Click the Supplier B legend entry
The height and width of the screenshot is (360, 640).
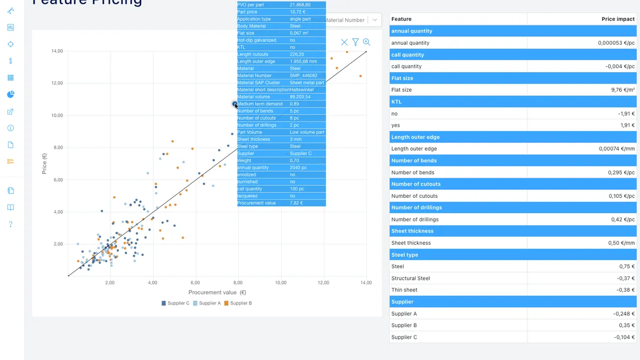pyautogui.click(x=238, y=303)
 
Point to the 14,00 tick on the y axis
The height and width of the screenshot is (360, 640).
pyautogui.click(x=57, y=51)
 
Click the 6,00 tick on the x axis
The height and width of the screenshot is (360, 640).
pyautogui.click(x=195, y=283)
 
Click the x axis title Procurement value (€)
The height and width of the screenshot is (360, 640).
pyautogui.click(x=217, y=292)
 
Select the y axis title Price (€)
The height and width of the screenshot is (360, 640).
pyautogui.click(x=45, y=164)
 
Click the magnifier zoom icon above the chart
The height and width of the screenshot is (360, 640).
pyautogui.click(x=366, y=42)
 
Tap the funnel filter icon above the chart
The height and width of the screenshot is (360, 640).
pyautogui.click(x=355, y=42)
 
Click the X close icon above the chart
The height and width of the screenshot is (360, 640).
pyautogui.click(x=344, y=42)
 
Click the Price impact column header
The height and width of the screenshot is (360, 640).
pyautogui.click(x=618, y=19)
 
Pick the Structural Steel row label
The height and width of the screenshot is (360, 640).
pyautogui.click(x=410, y=278)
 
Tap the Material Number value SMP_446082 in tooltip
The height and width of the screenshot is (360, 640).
pyautogui.click(x=303, y=76)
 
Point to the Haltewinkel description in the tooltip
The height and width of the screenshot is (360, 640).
pyautogui.click(x=303, y=90)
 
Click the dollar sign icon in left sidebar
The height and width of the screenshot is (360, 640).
pyautogui.click(x=11, y=61)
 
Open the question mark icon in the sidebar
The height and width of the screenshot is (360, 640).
pyautogui.click(x=11, y=224)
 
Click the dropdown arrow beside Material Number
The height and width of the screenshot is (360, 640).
pyautogui.click(x=375, y=20)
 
